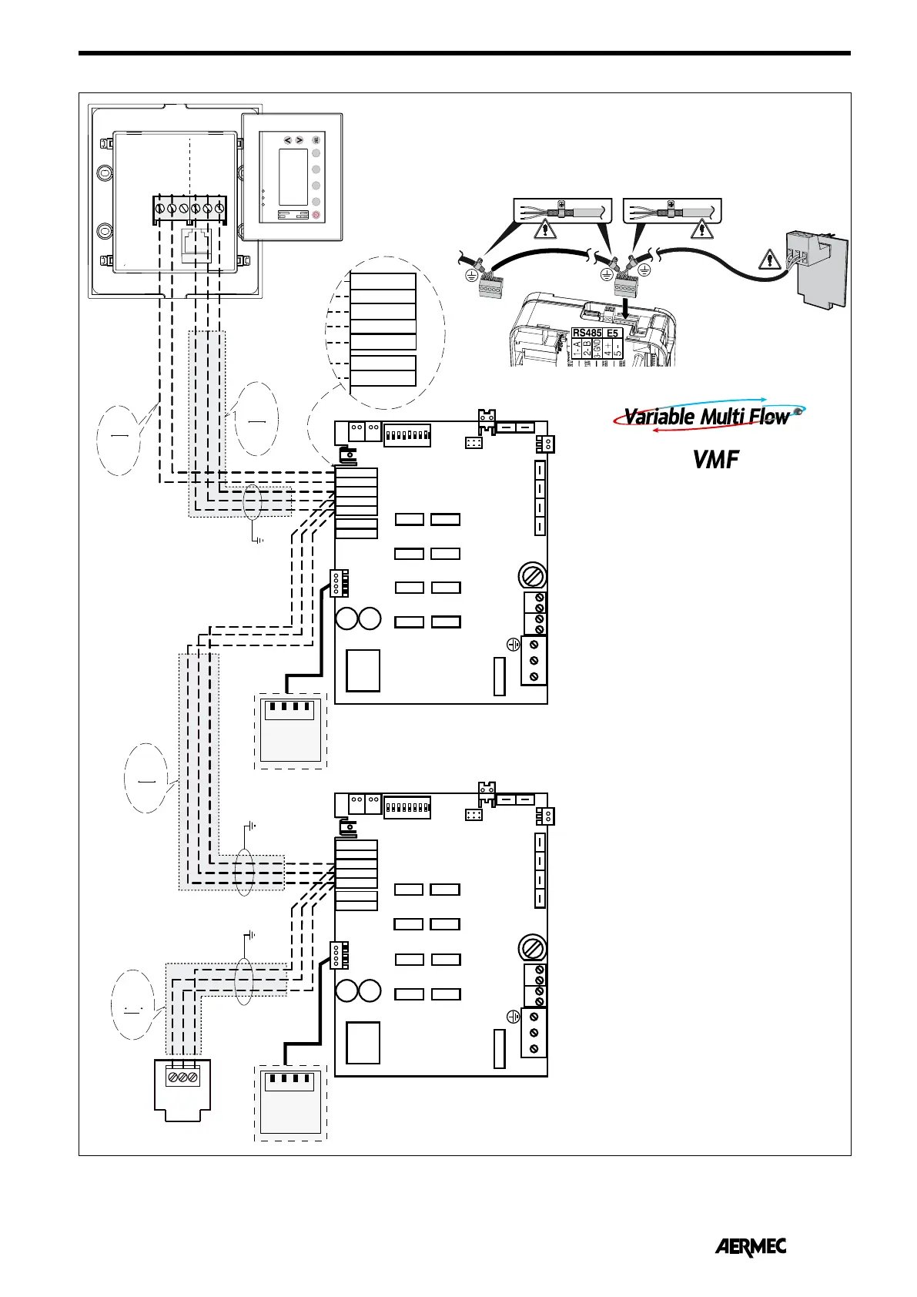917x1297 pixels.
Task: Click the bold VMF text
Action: [715, 460]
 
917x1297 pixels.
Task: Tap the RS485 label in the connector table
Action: [587, 333]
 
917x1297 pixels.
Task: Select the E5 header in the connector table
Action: [613, 333]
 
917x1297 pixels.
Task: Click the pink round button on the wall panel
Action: [316, 216]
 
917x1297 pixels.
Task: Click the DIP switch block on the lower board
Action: [407, 807]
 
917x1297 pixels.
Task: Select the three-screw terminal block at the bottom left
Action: [182, 1076]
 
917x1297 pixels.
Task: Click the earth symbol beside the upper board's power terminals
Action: [514, 644]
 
